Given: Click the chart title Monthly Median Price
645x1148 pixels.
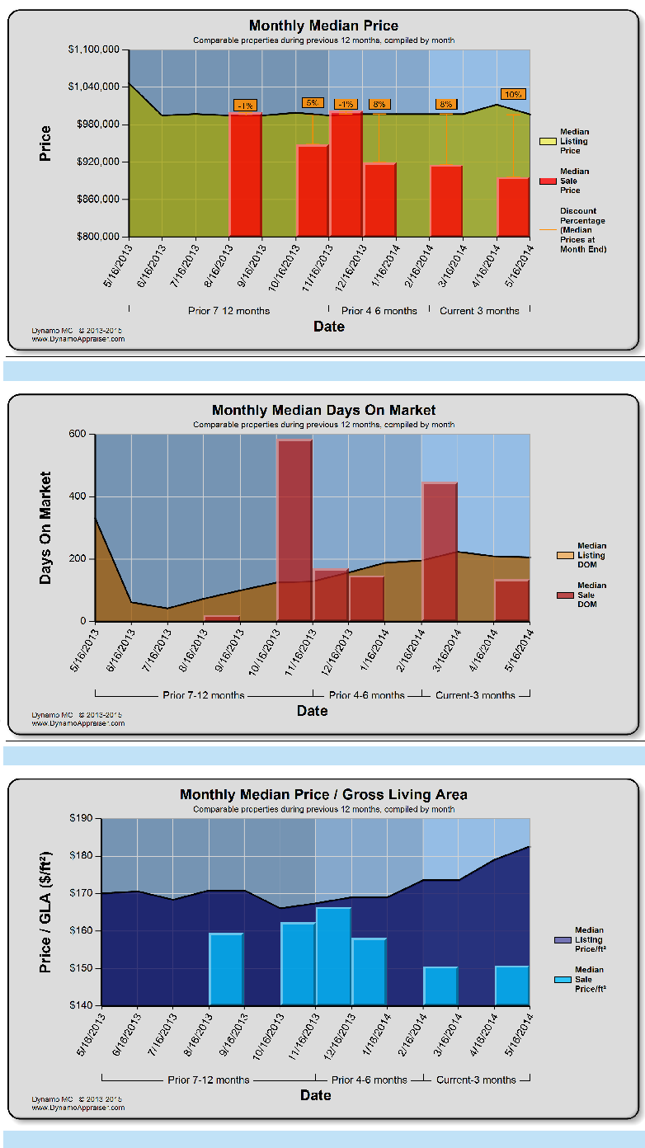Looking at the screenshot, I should point(323,26).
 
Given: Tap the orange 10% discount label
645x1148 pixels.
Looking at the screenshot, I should point(513,95).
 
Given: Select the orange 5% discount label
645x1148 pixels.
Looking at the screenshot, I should point(313,103).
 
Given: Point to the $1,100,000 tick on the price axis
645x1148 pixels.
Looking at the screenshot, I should point(96,49).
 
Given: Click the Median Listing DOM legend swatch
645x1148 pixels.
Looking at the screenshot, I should point(565,555).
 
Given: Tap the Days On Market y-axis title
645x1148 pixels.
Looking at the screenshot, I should point(46,528).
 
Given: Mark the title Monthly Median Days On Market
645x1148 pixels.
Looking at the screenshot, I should point(323,410).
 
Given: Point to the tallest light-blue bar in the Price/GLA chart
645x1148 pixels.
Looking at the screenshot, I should point(333,957).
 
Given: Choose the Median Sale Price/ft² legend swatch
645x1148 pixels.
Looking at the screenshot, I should point(563,980).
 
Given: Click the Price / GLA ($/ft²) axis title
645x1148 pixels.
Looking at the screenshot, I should point(46,911).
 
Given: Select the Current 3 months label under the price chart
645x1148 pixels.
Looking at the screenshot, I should point(479,311).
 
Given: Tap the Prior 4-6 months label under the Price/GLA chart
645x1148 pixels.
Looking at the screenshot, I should point(369,1080).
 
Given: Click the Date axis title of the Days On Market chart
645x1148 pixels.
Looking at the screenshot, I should point(313,710).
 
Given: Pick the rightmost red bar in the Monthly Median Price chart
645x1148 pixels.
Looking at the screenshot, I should point(513,207).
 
